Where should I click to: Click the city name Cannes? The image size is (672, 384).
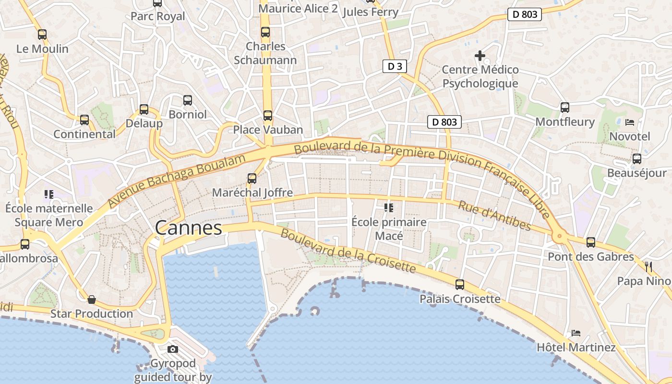point(189,228)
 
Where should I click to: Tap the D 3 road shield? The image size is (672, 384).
point(395,66)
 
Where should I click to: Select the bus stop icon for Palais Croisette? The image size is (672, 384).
point(460,285)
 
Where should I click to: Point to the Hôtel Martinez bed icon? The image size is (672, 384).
point(576,333)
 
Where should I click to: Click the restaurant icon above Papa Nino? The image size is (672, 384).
point(648,266)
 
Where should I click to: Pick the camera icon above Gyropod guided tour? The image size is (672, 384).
point(173,349)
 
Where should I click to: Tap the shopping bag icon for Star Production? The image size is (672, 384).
point(91,300)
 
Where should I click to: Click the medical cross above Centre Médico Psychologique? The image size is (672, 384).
point(480,56)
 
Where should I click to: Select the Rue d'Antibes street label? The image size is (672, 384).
point(494,216)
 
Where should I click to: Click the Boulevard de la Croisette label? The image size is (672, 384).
point(348,251)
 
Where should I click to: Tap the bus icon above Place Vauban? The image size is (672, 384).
point(267,116)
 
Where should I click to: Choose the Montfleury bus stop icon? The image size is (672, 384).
point(565,108)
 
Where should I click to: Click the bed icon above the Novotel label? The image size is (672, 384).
point(630,122)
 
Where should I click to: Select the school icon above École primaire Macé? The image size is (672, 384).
point(389,208)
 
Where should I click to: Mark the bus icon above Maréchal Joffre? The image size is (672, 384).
point(252,179)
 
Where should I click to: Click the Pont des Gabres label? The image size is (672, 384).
point(591,256)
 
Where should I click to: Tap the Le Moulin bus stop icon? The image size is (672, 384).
point(42,35)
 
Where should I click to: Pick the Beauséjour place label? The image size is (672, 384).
point(637,173)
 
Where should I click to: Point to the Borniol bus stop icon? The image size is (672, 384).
point(188,100)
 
